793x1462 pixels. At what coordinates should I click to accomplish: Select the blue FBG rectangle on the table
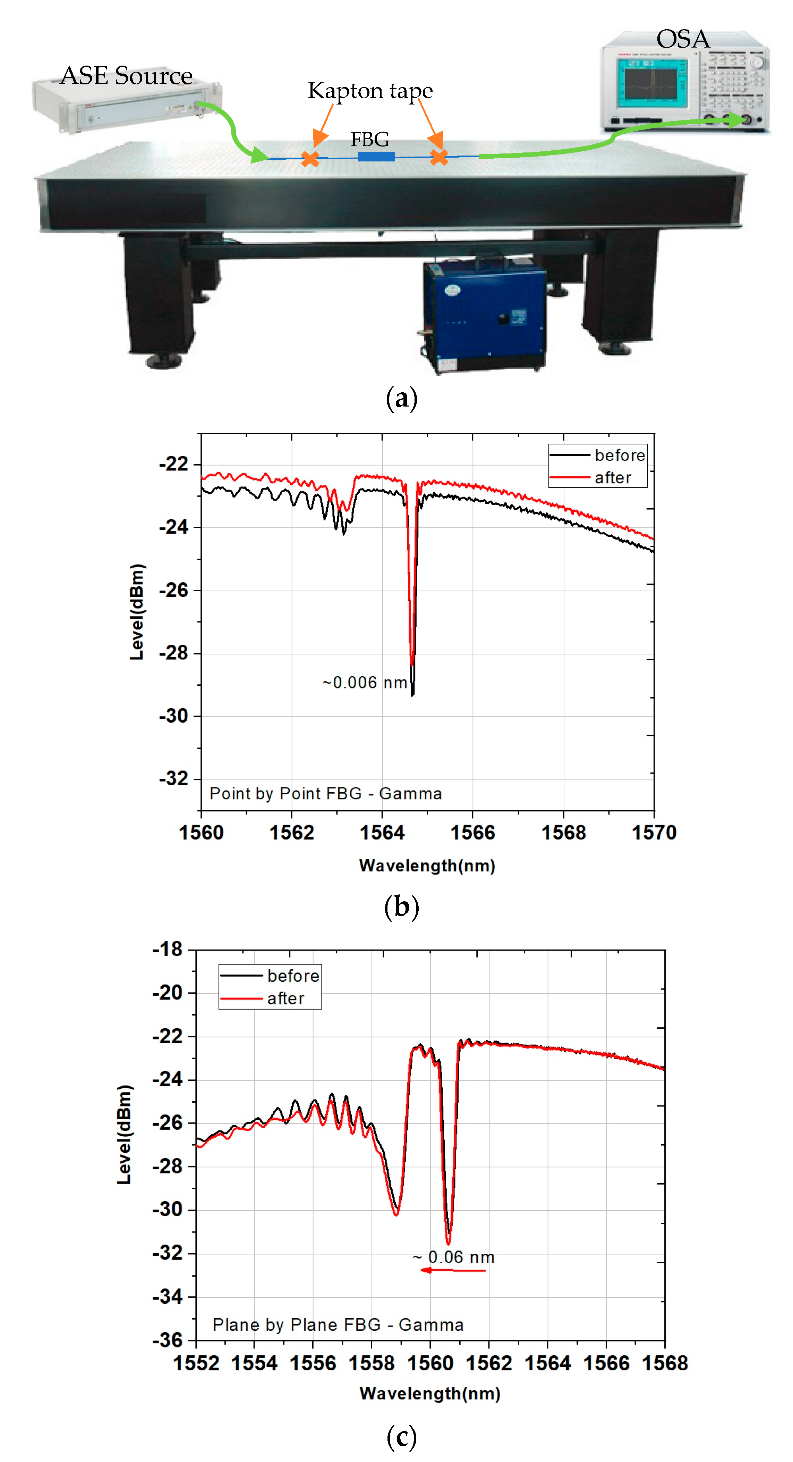[x=376, y=156]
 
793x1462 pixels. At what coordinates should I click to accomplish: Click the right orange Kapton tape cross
[x=438, y=157]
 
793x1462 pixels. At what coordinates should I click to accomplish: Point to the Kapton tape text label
[x=370, y=91]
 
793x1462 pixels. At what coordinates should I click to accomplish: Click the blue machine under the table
[x=484, y=315]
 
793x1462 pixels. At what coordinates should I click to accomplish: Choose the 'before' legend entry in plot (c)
[x=293, y=976]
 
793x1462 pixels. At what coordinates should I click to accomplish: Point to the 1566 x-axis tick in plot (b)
[x=472, y=833]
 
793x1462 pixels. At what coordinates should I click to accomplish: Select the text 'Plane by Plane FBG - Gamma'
[x=338, y=1325]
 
